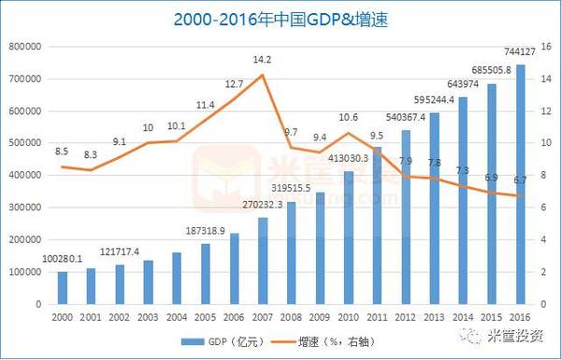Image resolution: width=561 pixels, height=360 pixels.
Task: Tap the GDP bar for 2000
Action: tap(63, 287)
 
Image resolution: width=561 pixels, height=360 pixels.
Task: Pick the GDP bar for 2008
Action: tap(290, 252)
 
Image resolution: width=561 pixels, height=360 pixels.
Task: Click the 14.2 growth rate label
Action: tap(263, 60)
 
